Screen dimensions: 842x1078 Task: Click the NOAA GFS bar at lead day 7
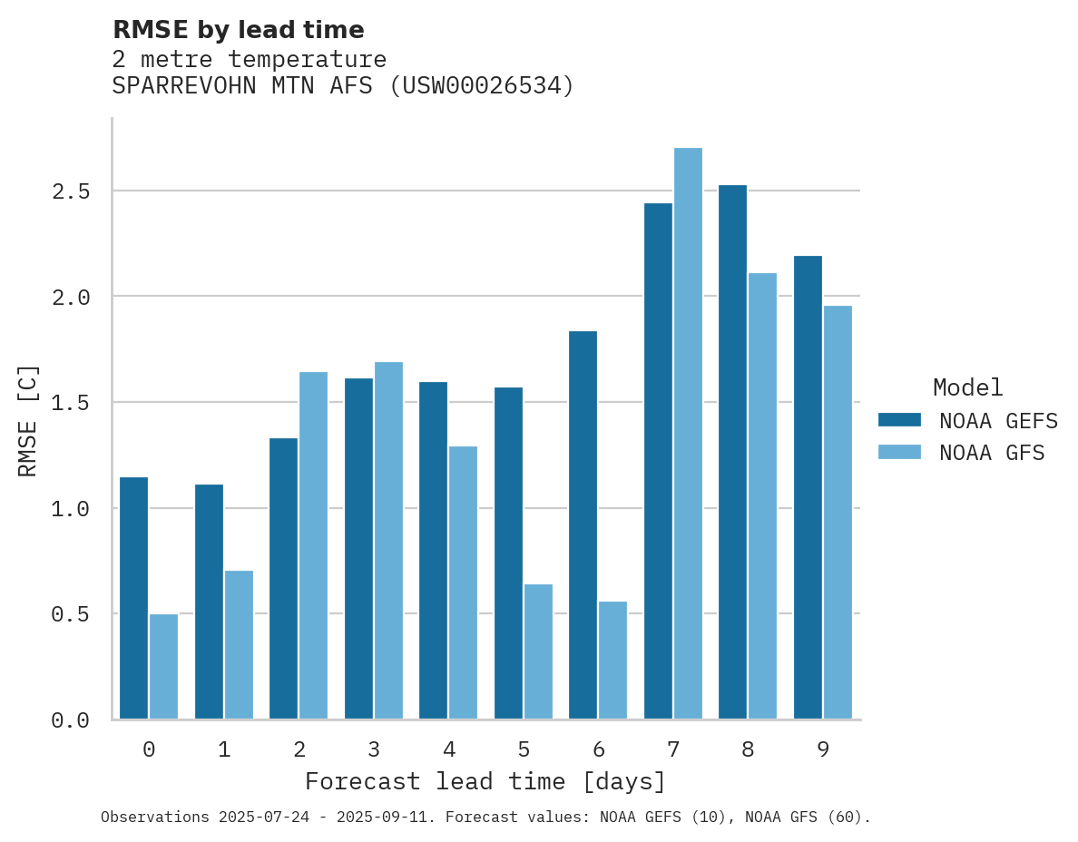point(688,434)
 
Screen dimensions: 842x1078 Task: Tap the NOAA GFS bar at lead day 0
point(163,667)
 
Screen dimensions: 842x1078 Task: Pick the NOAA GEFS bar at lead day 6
point(583,525)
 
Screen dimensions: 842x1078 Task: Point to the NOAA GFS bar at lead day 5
point(538,651)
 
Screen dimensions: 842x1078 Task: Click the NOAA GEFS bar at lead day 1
point(209,602)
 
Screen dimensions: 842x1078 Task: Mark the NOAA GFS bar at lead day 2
point(313,545)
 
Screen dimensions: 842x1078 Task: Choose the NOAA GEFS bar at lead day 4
point(433,551)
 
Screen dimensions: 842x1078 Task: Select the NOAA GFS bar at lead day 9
point(838,513)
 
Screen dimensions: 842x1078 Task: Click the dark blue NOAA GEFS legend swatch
point(899,420)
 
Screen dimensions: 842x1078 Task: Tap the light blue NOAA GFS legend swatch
point(899,452)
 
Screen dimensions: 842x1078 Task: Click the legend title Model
point(967,387)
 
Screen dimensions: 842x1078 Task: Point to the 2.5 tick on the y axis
point(70,191)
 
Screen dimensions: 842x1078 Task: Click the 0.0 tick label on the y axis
point(70,720)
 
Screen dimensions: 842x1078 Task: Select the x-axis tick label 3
point(374,749)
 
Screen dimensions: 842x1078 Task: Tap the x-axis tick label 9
point(823,749)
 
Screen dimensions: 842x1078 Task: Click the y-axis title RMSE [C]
point(28,420)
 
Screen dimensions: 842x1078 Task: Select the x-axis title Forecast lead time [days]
point(485,781)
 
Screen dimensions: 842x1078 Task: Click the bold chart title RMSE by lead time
point(238,30)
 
